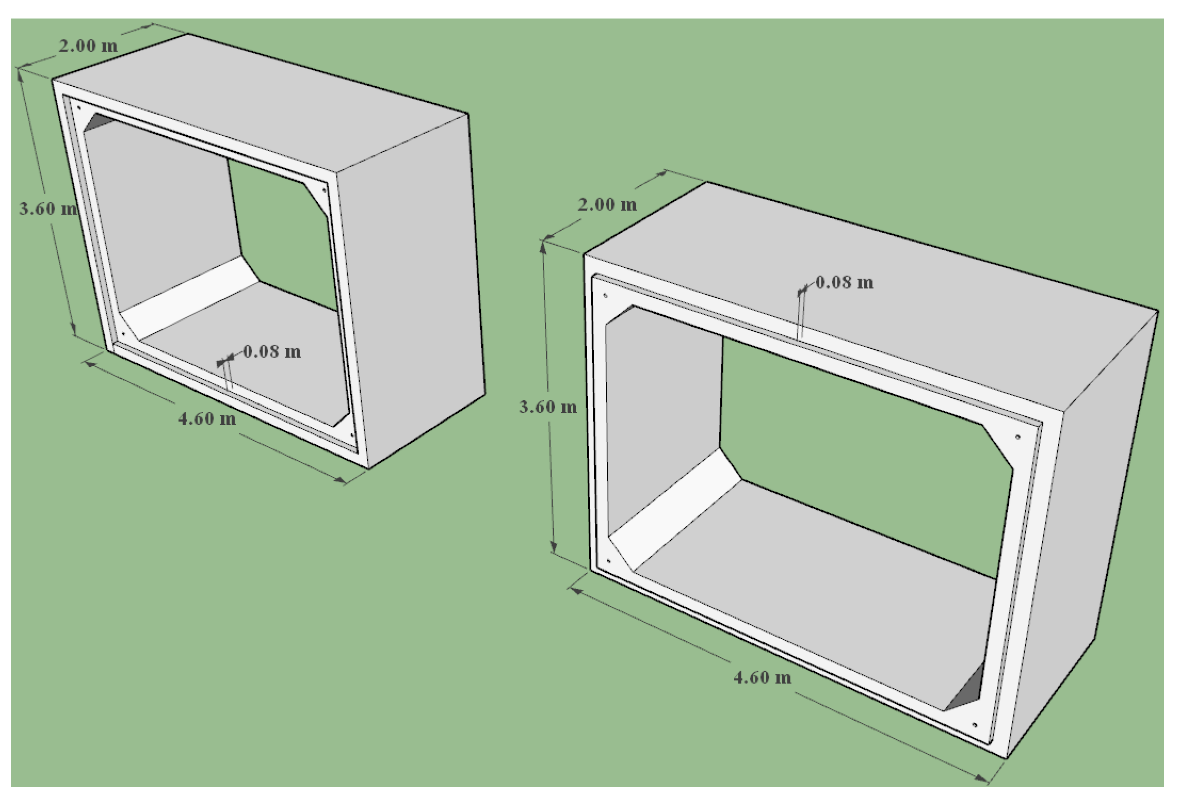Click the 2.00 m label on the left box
88,46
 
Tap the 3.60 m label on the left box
48,208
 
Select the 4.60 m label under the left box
207,418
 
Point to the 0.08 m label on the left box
272,351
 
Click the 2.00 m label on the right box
607,205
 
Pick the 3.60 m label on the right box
548,407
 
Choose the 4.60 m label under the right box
762,677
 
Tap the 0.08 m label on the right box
845,282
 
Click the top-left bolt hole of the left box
79,107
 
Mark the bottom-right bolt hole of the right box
974,725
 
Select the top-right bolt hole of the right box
1018,436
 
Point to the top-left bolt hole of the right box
605,295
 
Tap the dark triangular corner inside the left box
97,122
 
